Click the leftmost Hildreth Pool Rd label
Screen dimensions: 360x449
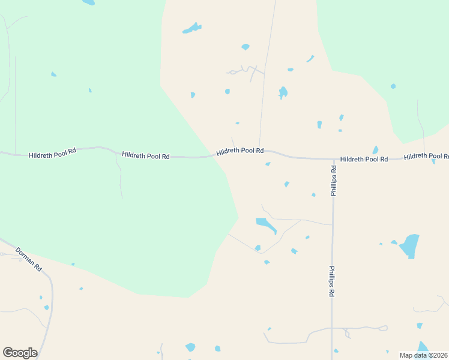coord(52,152)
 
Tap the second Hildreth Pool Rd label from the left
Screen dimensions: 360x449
coord(145,155)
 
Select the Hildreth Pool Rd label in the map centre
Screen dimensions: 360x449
coord(240,151)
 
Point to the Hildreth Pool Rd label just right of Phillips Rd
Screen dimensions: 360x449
coord(364,159)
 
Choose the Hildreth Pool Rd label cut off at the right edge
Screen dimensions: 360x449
coord(426,156)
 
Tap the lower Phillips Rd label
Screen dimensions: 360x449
coord(331,282)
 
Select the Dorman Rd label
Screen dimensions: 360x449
coord(28,259)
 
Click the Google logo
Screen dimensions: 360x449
coord(20,352)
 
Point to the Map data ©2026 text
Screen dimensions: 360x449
coord(423,355)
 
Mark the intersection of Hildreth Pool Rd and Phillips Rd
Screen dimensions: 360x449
coord(334,159)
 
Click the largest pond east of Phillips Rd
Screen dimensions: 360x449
coord(410,245)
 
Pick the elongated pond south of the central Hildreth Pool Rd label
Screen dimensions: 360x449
coord(266,225)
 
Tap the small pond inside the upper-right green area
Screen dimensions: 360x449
coord(393,86)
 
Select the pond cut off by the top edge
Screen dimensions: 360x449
coord(89,2)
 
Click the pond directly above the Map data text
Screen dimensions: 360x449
coord(423,347)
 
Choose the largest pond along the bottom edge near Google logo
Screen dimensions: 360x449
coord(190,347)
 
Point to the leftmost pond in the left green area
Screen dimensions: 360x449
coord(53,74)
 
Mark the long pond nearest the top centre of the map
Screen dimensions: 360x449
coord(191,28)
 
